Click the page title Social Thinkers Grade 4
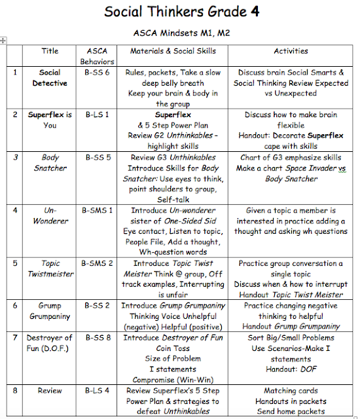[180, 12]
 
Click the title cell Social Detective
[50, 78]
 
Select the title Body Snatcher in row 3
[50, 162]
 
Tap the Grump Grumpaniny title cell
[50, 310]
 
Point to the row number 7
[15, 337]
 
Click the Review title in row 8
[50, 390]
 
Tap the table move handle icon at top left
[4, 41]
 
